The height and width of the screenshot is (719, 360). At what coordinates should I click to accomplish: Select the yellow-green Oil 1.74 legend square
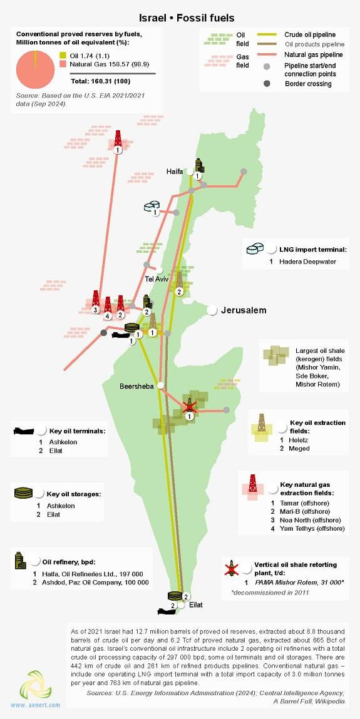point(63,55)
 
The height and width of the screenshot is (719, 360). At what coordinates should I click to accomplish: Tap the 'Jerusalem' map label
point(244,310)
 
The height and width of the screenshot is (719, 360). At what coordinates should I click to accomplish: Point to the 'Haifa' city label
point(174,171)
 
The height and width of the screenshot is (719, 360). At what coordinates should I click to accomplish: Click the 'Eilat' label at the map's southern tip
point(196,605)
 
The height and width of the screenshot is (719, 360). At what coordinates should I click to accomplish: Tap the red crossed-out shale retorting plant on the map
point(190,405)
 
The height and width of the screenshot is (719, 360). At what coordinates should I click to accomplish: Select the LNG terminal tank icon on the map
point(153,206)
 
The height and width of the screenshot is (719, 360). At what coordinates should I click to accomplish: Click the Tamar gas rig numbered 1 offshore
point(118,140)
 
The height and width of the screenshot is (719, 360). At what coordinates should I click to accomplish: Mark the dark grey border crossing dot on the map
point(104,332)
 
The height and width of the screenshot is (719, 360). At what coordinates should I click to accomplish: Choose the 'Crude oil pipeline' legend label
point(309,34)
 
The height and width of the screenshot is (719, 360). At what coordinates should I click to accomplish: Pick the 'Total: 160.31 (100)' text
point(101,81)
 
